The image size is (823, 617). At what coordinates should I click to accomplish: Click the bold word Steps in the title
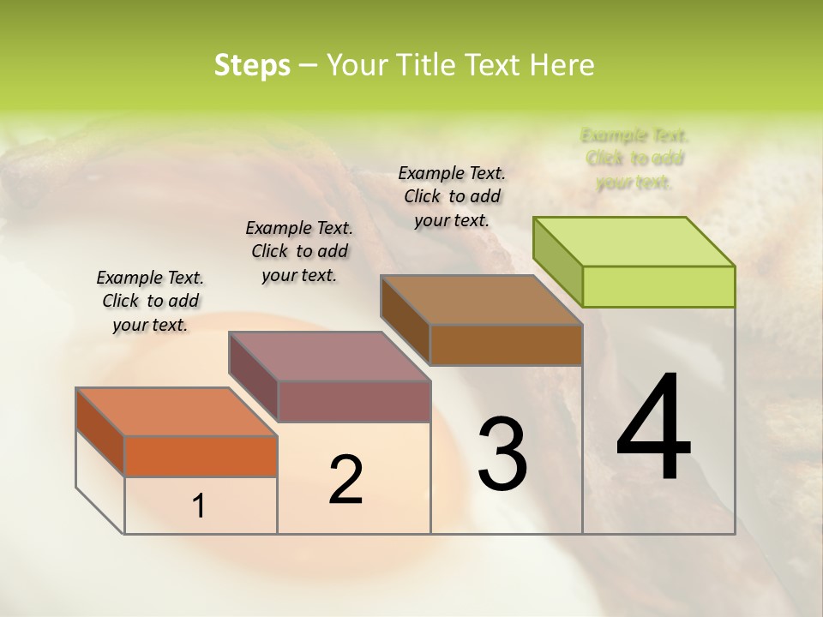252,65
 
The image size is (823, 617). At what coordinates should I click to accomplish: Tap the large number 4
653,428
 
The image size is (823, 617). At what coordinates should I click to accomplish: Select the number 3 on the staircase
502,454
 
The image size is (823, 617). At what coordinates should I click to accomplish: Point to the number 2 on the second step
345,480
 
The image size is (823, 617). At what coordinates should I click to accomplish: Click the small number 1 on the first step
199,506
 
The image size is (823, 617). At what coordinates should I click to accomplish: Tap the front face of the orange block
201,456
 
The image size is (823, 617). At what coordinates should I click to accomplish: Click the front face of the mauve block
354,401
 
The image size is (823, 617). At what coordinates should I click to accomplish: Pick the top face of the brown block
481,299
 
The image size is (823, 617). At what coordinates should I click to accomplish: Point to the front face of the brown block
506,344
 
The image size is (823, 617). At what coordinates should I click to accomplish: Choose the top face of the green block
634,241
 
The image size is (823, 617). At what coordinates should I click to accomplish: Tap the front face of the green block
658,286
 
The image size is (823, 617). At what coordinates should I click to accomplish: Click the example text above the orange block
150,301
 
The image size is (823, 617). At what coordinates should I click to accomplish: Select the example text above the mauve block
299,251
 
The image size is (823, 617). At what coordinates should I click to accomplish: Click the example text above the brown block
452,196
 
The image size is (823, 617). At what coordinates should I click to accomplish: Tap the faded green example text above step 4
634,159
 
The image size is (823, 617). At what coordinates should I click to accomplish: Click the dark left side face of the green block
558,261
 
